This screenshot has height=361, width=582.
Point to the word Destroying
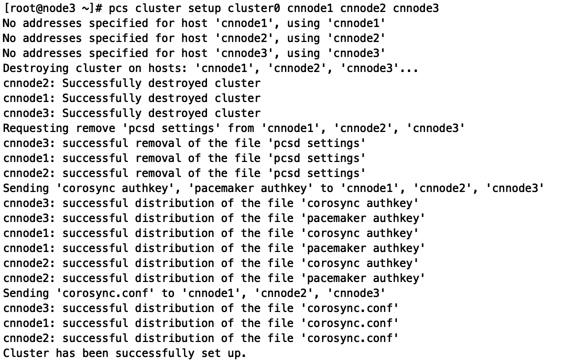point(36,68)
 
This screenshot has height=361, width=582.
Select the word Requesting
point(36,128)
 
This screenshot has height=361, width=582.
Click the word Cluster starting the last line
point(26,353)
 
